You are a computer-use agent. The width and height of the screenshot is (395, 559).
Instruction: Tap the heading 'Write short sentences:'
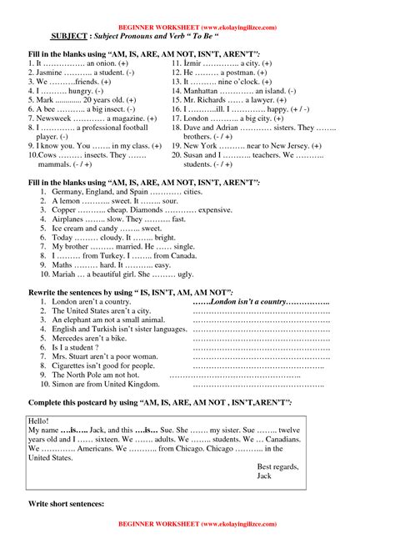[66, 505]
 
